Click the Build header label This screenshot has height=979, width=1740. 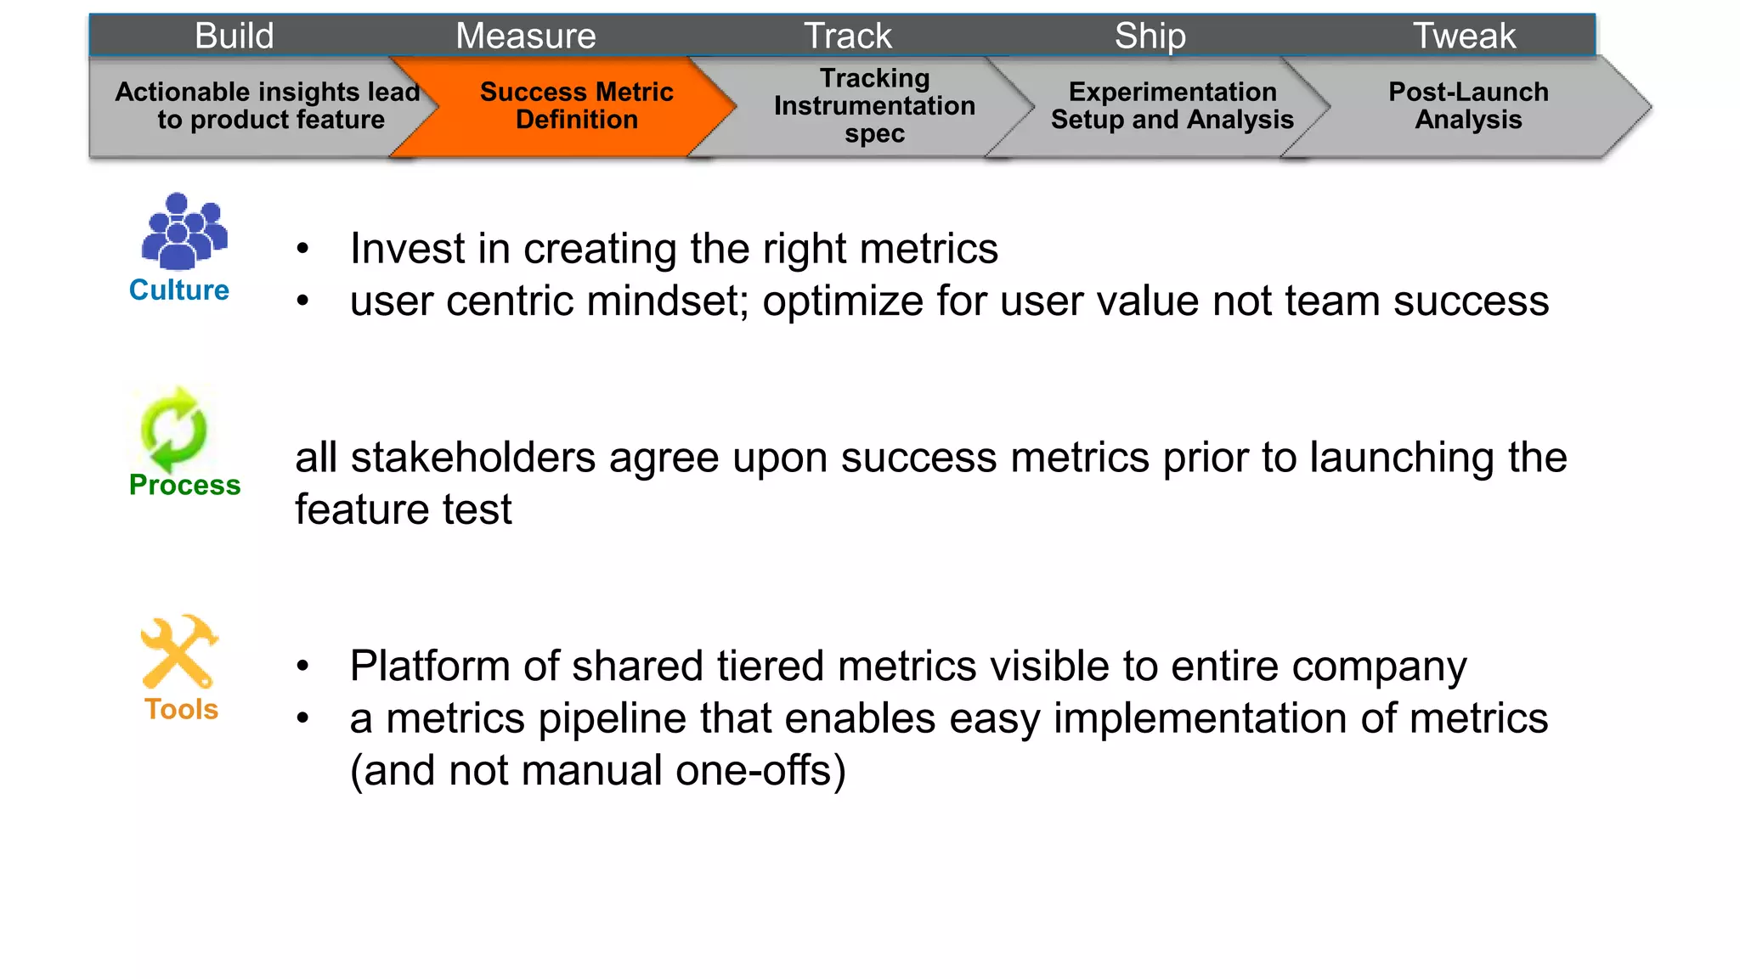pyautogui.click(x=234, y=36)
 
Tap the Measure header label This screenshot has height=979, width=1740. pyautogui.click(x=525, y=36)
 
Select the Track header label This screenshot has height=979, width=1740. pyautogui.click(x=848, y=36)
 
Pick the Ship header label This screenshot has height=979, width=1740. pyautogui.click(x=1150, y=36)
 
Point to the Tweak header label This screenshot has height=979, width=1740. pyautogui.click(x=1463, y=36)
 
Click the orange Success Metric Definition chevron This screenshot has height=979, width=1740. pyautogui.click(x=576, y=106)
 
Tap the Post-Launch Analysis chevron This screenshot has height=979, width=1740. pyautogui.click(x=1468, y=106)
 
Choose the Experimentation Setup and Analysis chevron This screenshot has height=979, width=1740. pyautogui.click(x=1172, y=106)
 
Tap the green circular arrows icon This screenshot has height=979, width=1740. pyautogui.click(x=174, y=430)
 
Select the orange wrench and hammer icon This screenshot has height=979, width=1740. pyautogui.click(x=179, y=651)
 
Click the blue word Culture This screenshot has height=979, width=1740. pyautogui.click(x=179, y=290)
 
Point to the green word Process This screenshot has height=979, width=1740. pyautogui.click(x=184, y=485)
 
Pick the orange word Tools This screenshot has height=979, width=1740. pyautogui.click(x=181, y=709)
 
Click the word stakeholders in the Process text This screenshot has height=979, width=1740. pyautogui.click(x=473, y=458)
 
